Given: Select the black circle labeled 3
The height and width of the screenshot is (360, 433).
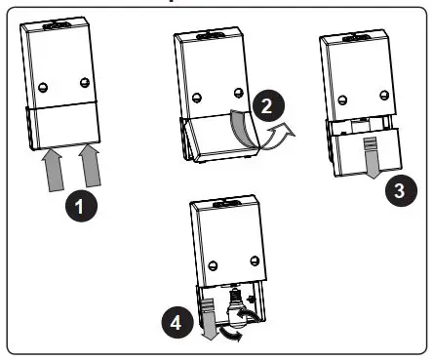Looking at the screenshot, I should [x=395, y=190].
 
